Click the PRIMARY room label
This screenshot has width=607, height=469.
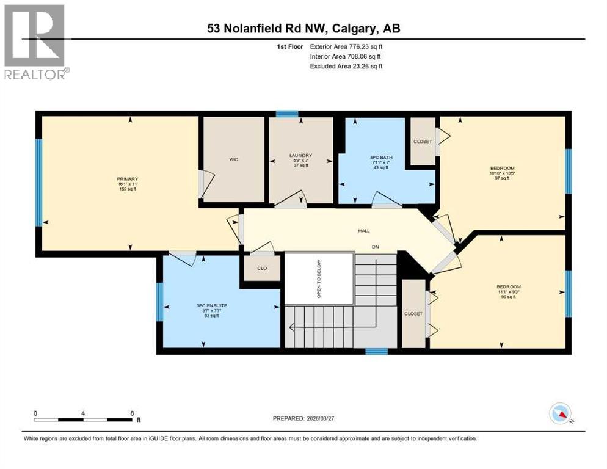pos(128,179)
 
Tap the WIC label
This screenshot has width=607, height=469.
pos(233,159)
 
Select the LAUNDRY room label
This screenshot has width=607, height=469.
pos(300,155)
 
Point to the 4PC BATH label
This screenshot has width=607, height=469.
pos(381,158)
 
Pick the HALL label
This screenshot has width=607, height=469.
pos(364,231)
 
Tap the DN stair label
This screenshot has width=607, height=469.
pos(377,247)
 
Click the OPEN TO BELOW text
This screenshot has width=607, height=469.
pos(319,278)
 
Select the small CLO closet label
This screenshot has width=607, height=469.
pos(261,267)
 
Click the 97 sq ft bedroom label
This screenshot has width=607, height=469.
pos(502,168)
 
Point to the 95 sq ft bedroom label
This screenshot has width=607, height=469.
pos(508,286)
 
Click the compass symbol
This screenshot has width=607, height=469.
pos(560,414)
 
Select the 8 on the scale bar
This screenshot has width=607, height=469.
pos(133,413)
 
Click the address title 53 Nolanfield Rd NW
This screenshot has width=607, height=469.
pos(303,28)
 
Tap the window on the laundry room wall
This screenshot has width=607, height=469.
pos(286,114)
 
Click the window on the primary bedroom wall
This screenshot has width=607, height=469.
pos(38,182)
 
